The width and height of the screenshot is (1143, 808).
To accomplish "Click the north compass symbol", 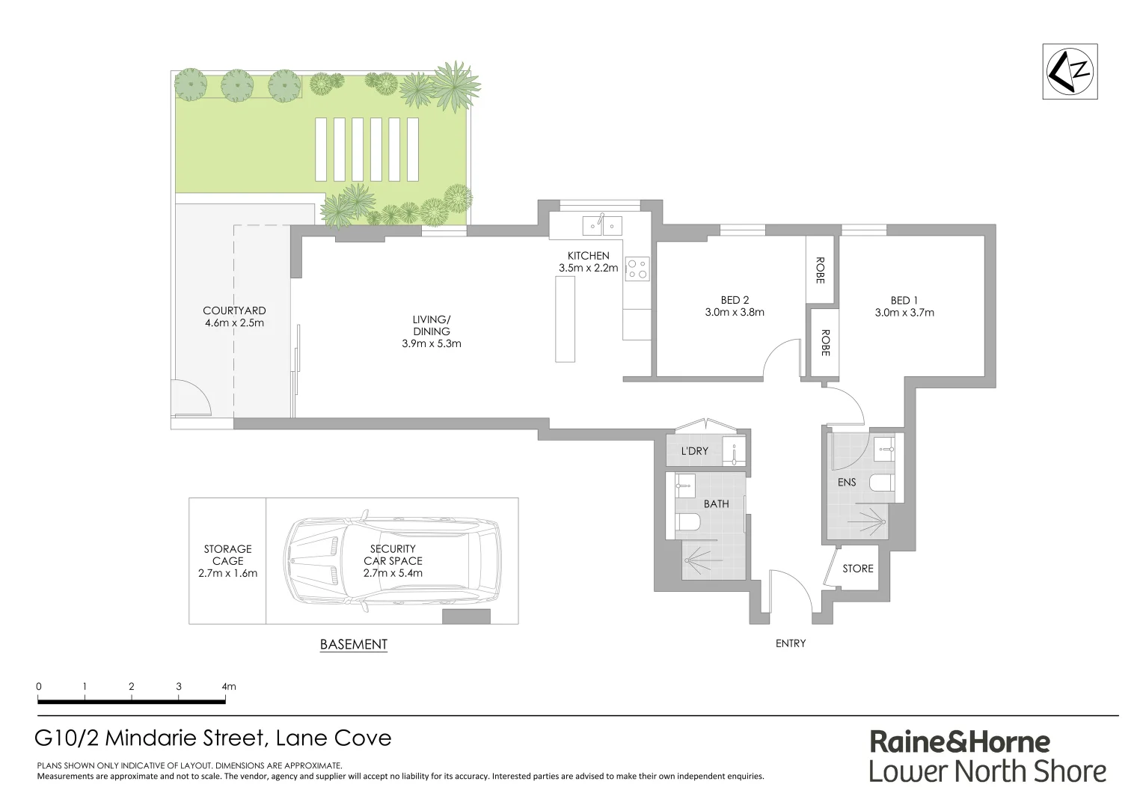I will pos(1070,72).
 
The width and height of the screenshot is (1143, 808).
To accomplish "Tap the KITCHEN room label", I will pos(588,256).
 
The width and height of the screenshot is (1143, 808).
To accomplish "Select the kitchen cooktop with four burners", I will pos(637,268).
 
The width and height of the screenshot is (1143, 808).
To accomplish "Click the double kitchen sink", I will pos(602,224).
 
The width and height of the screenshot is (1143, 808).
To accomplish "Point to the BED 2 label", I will pos(734,301).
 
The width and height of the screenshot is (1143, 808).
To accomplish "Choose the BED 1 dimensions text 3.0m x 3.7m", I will pos(904,313).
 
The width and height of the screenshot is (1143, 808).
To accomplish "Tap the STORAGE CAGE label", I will pos(227,555).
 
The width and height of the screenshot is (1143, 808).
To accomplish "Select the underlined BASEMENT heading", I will pos(353,644).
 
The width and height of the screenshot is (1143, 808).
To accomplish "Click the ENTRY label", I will pos(791,643).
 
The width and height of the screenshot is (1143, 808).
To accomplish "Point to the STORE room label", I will pos(857,569).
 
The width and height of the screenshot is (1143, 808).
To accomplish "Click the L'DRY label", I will pos(694,451).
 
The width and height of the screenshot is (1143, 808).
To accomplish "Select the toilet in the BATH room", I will pos(688,521).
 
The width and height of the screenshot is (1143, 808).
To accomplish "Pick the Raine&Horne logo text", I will pos(959,742).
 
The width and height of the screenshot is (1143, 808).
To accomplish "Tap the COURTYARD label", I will pos(234,310).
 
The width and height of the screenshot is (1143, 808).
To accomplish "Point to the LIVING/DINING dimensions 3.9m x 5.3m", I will pos(431,344).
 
